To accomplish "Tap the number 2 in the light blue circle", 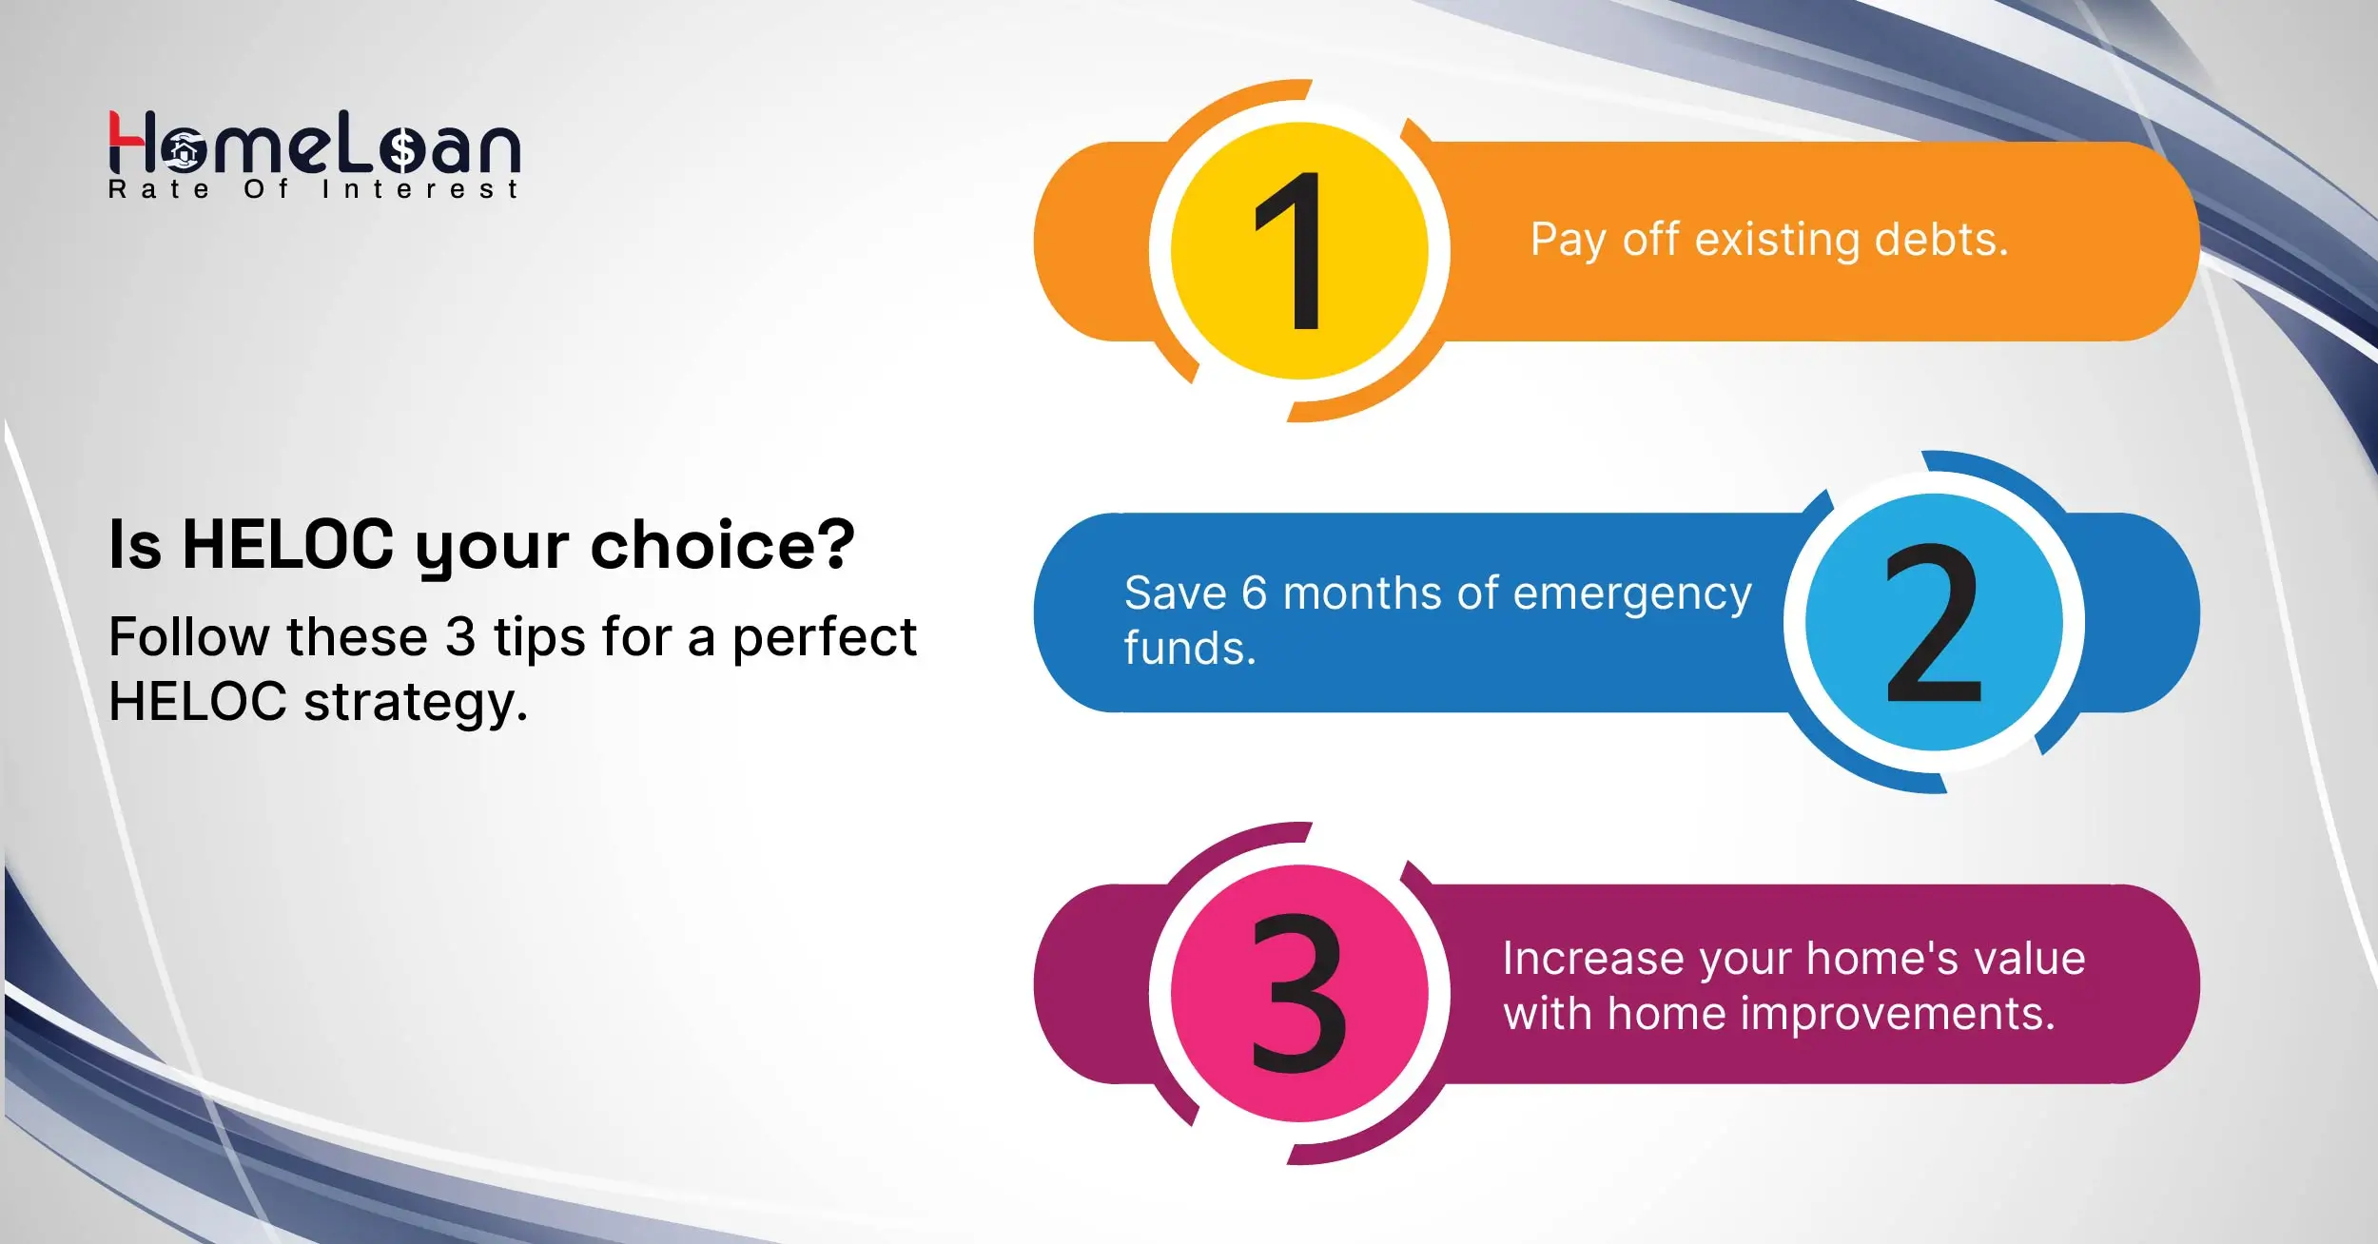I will [x=1933, y=622].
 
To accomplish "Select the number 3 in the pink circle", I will [x=1298, y=993].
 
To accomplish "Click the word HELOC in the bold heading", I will [x=287, y=545].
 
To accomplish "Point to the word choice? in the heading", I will [x=722, y=545].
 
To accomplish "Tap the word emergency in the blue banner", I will [x=1632, y=594].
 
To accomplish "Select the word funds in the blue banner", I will [x=1189, y=649].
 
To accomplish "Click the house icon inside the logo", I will [x=183, y=150].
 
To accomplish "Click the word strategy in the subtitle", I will [x=415, y=703].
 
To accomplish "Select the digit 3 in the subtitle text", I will [x=460, y=636].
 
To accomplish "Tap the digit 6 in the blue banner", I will [x=1254, y=594].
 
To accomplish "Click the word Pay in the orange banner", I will [x=1568, y=240].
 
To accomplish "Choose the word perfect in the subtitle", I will [x=824, y=636].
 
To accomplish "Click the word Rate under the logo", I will [x=159, y=189].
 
